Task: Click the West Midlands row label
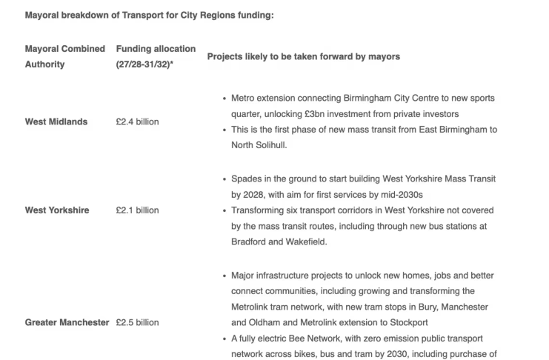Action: click(x=56, y=121)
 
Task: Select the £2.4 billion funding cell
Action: click(x=137, y=121)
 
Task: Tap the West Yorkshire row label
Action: click(x=57, y=210)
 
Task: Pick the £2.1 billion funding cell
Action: click(x=137, y=210)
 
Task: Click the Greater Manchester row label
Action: click(x=67, y=322)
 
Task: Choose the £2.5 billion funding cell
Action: click(x=137, y=322)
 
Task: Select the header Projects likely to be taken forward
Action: click(x=303, y=56)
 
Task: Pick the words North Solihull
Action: click(x=259, y=145)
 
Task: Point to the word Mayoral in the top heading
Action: click(x=44, y=15)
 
